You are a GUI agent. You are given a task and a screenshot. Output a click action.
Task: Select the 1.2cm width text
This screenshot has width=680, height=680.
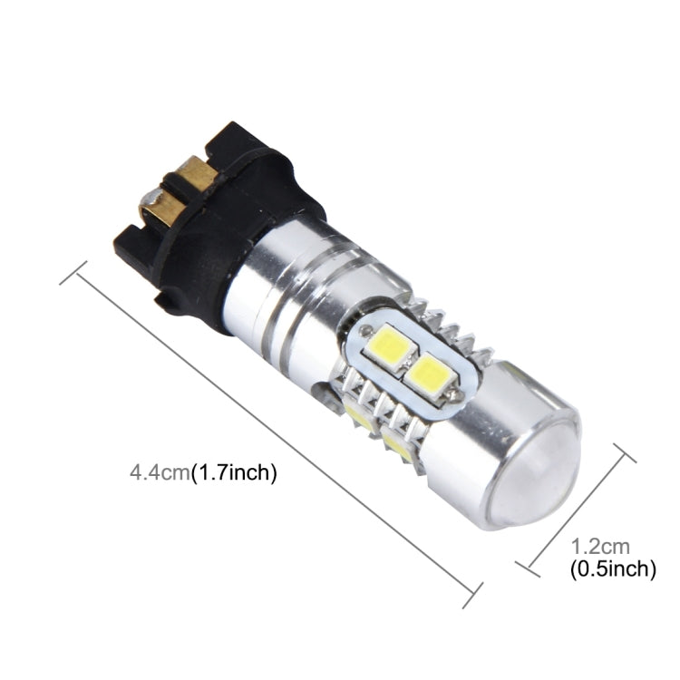click(599, 546)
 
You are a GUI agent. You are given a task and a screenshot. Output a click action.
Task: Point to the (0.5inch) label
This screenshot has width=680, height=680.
click(612, 569)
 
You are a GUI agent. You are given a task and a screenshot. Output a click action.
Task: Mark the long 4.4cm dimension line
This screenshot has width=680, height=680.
click(272, 436)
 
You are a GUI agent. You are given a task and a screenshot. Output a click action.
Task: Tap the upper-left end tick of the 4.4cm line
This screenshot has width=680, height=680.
click(73, 273)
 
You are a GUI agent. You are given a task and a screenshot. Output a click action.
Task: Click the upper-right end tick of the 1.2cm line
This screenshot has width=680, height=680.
click(619, 453)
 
